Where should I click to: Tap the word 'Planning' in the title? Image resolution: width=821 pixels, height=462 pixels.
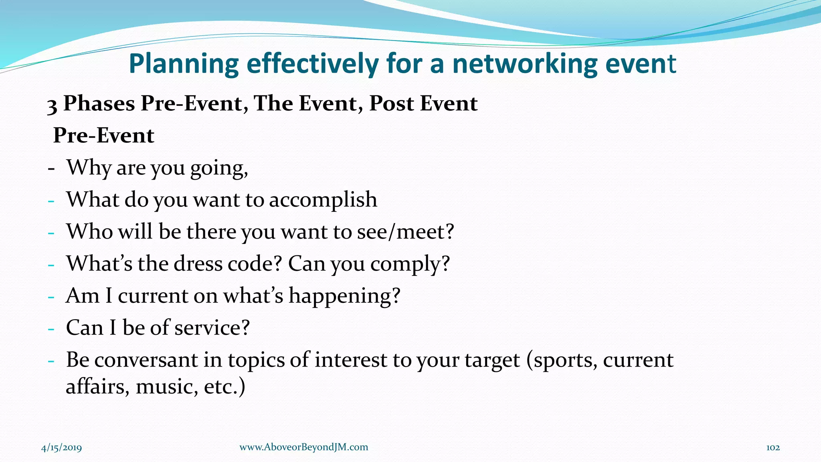[184, 64]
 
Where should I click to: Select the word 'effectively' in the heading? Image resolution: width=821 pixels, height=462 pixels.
[313, 64]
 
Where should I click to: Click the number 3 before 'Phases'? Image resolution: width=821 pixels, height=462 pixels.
[52, 105]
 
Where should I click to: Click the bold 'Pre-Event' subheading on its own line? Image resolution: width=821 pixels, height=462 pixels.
[103, 135]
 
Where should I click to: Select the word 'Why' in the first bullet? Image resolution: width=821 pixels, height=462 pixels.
[89, 168]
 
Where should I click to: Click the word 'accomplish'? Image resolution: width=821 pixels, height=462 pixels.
[323, 200]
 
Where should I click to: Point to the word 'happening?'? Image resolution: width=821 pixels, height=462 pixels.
[344, 296]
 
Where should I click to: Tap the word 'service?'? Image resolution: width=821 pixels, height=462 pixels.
[212, 328]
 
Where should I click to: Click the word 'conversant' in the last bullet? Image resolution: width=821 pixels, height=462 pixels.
[146, 360]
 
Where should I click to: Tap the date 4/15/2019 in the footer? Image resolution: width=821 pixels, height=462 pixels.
[62, 448]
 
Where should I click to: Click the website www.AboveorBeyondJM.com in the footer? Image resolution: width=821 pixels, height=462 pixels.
[303, 447]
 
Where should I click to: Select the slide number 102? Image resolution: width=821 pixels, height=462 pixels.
[773, 448]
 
